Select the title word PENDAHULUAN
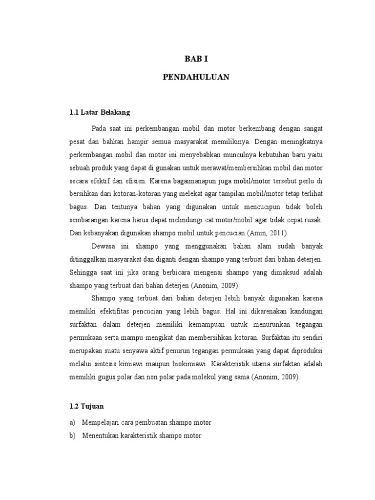196,78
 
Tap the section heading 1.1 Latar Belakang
100,112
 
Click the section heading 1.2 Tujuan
85,405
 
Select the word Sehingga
84,271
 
